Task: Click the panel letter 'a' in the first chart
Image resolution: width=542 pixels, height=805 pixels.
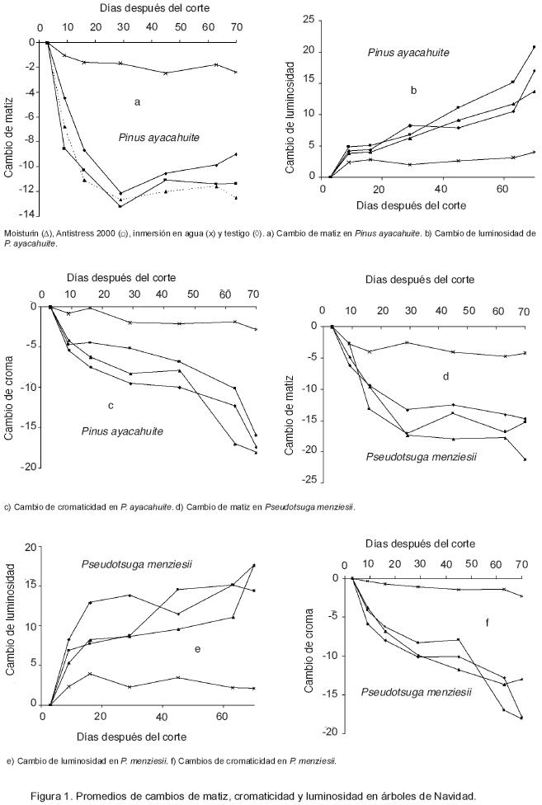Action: tap(138, 101)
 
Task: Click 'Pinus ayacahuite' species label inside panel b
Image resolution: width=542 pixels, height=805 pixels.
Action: tap(408, 53)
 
